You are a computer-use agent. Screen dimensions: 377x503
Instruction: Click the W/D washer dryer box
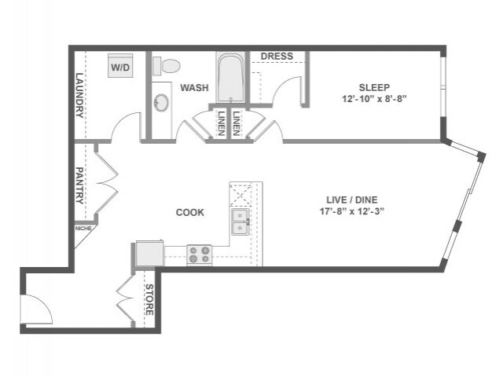pos(120,68)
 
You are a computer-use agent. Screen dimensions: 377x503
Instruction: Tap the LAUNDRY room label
pos(79,95)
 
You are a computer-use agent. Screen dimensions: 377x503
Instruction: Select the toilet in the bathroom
pos(166,64)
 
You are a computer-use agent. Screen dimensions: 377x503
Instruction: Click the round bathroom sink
pos(161,103)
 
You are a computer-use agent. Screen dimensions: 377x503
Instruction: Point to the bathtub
pos(230,78)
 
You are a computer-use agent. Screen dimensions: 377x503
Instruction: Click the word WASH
pos(194,88)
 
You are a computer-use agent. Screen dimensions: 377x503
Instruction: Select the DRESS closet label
pos(277,57)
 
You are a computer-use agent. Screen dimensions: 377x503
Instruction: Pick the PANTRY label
pos(79,185)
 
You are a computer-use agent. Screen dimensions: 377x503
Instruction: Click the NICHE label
pos(83,229)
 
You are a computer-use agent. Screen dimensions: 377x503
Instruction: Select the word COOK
pos(189,212)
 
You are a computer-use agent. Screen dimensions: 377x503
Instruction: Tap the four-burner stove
pos(199,254)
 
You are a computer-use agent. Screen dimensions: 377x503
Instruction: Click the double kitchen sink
pos(240,222)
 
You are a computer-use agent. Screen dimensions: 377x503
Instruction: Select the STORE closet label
pos(149,300)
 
